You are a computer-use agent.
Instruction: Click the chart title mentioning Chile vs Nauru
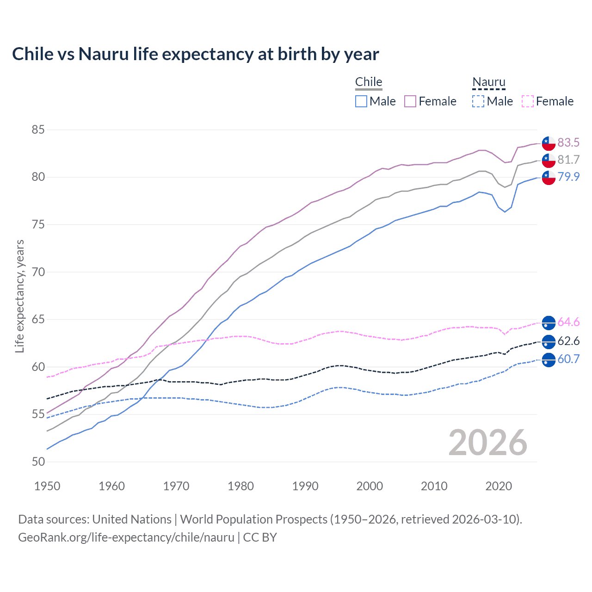pyautogui.click(x=195, y=54)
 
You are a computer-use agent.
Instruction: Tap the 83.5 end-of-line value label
pyautogui.click(x=568, y=142)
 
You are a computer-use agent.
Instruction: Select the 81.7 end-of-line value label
pyautogui.click(x=568, y=160)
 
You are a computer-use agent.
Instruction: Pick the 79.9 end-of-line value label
pyautogui.click(x=568, y=177)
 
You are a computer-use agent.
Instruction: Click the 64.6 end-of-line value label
pyautogui.click(x=568, y=322)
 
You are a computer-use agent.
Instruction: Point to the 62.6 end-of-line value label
pyautogui.click(x=568, y=341)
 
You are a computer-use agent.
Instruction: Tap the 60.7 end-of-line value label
pyautogui.click(x=568, y=359)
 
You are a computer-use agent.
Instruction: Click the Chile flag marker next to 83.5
pyautogui.click(x=549, y=143)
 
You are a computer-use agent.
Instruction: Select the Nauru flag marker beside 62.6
pyautogui.click(x=549, y=342)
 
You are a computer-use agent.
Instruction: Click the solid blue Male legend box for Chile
pyautogui.click(x=361, y=101)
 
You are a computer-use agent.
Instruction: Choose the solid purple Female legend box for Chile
pyautogui.click(x=410, y=101)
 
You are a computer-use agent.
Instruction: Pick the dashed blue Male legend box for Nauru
pyautogui.click(x=478, y=101)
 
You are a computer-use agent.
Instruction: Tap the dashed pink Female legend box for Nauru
pyautogui.click(x=528, y=101)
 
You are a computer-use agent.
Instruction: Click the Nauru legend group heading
pyautogui.click(x=489, y=82)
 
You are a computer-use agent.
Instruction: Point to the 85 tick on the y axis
pyautogui.click(x=38, y=130)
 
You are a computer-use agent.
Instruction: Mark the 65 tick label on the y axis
pyautogui.click(x=38, y=320)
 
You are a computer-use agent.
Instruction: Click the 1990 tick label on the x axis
pyautogui.click(x=305, y=486)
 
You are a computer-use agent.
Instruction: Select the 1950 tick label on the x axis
pyautogui.click(x=47, y=486)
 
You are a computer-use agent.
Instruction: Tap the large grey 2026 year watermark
pyautogui.click(x=487, y=443)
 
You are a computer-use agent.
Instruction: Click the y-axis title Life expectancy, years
pyautogui.click(x=19, y=296)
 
